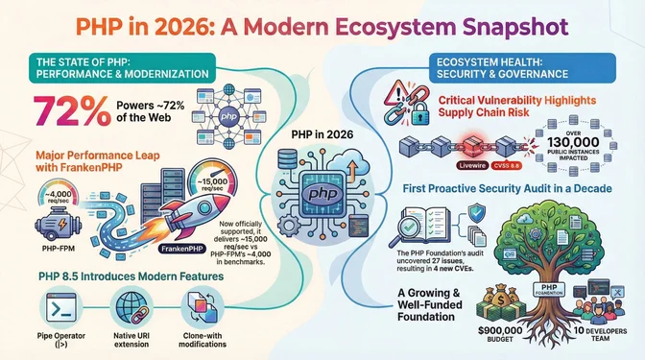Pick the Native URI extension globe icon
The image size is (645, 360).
click(130, 310)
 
